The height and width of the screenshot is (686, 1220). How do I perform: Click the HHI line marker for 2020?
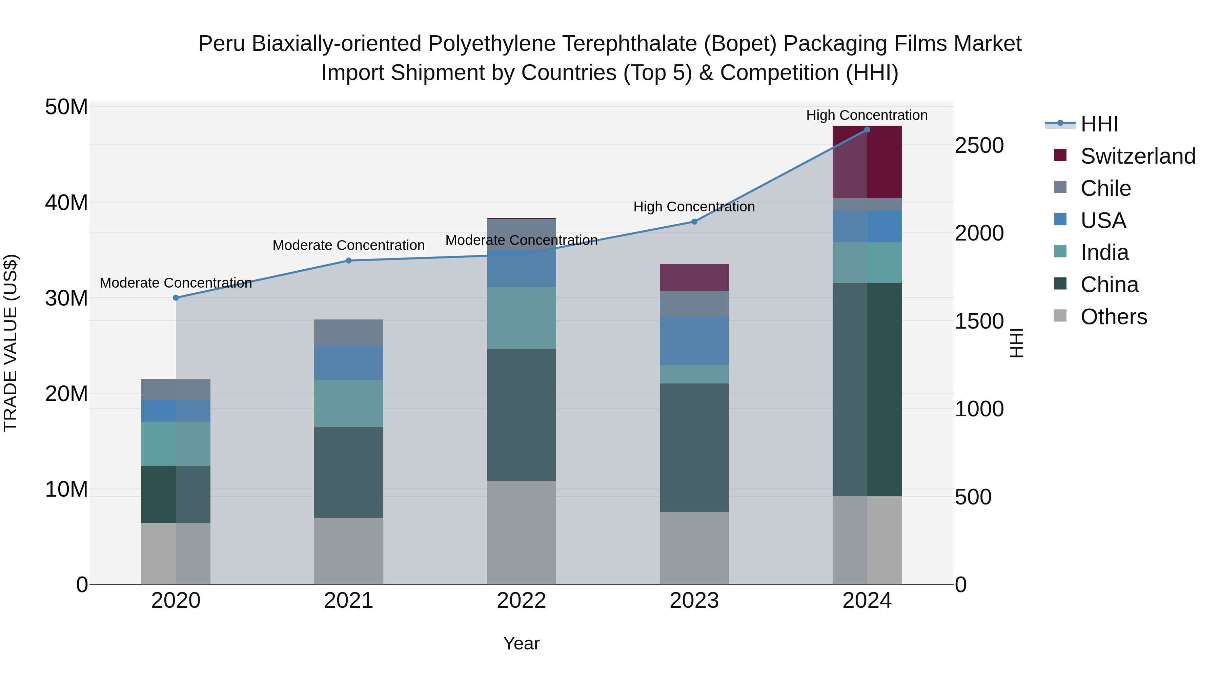pos(176,298)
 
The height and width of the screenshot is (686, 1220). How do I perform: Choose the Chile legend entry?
pos(1105,188)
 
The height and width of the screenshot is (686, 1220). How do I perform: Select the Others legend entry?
pos(1114,317)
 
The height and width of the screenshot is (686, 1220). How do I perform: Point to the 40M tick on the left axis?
pos(66,203)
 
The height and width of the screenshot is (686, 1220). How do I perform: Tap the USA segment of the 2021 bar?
pos(349,362)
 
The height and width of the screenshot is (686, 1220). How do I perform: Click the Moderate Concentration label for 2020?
pos(176,283)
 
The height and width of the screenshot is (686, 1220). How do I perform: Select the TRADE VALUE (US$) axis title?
pos(11,343)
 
